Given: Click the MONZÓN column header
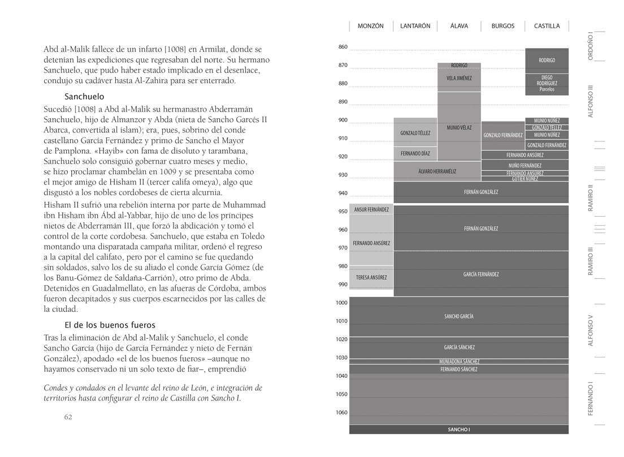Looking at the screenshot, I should click(x=371, y=26).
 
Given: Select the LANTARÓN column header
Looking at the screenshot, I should click(x=415, y=26).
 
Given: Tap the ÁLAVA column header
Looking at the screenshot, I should click(x=459, y=26).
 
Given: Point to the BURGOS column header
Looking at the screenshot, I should click(x=503, y=26).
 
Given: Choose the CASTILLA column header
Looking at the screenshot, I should click(x=547, y=26).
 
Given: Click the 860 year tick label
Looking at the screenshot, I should click(x=343, y=47).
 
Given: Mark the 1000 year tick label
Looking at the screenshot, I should click(x=342, y=303).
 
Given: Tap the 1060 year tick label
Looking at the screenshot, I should click(x=342, y=412).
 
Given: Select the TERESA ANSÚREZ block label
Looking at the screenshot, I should click(x=371, y=278).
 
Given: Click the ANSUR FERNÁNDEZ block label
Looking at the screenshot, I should click(x=371, y=210).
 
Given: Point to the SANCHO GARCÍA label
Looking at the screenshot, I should click(x=459, y=317).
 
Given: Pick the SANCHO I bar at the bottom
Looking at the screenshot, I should click(x=459, y=430).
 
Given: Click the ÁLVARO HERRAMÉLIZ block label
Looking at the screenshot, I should click(x=437, y=171).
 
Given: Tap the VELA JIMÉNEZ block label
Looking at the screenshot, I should click(x=459, y=78).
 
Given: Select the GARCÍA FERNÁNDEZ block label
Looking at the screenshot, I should click(x=481, y=274).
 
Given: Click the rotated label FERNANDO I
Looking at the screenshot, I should click(x=590, y=398).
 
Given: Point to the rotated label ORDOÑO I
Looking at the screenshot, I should click(x=590, y=45).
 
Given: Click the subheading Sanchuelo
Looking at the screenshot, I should click(x=84, y=97).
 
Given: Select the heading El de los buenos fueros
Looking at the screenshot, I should click(x=110, y=325).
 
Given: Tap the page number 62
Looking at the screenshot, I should click(x=68, y=417).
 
